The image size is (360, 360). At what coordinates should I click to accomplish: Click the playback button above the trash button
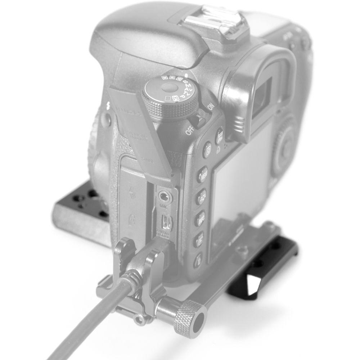[198, 239]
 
